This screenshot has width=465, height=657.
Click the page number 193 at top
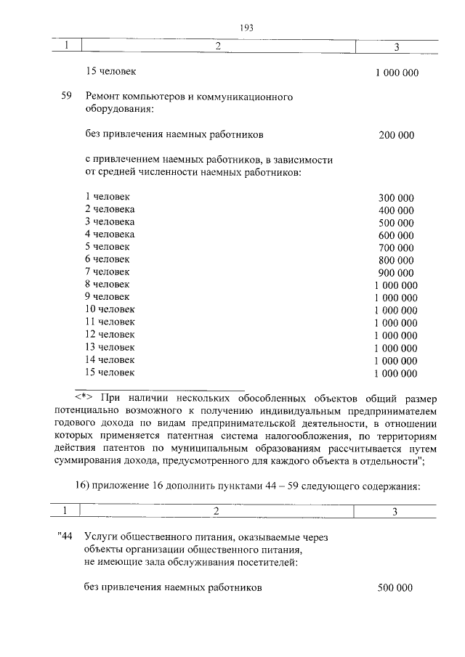pyautogui.click(x=245, y=28)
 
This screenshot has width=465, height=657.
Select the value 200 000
pyautogui.click(x=396, y=135)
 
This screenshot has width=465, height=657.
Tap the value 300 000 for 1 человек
pyautogui.click(x=396, y=197)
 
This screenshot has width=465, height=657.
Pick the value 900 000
pyautogui.click(x=396, y=272)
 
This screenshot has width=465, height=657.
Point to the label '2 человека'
pyautogui.click(x=110, y=209)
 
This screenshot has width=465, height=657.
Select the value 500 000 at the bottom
pyautogui.click(x=395, y=588)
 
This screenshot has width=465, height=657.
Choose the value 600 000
pyautogui.click(x=396, y=235)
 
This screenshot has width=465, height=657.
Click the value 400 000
pyautogui.click(x=396, y=211)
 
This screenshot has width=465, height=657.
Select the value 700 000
pyautogui.click(x=396, y=248)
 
